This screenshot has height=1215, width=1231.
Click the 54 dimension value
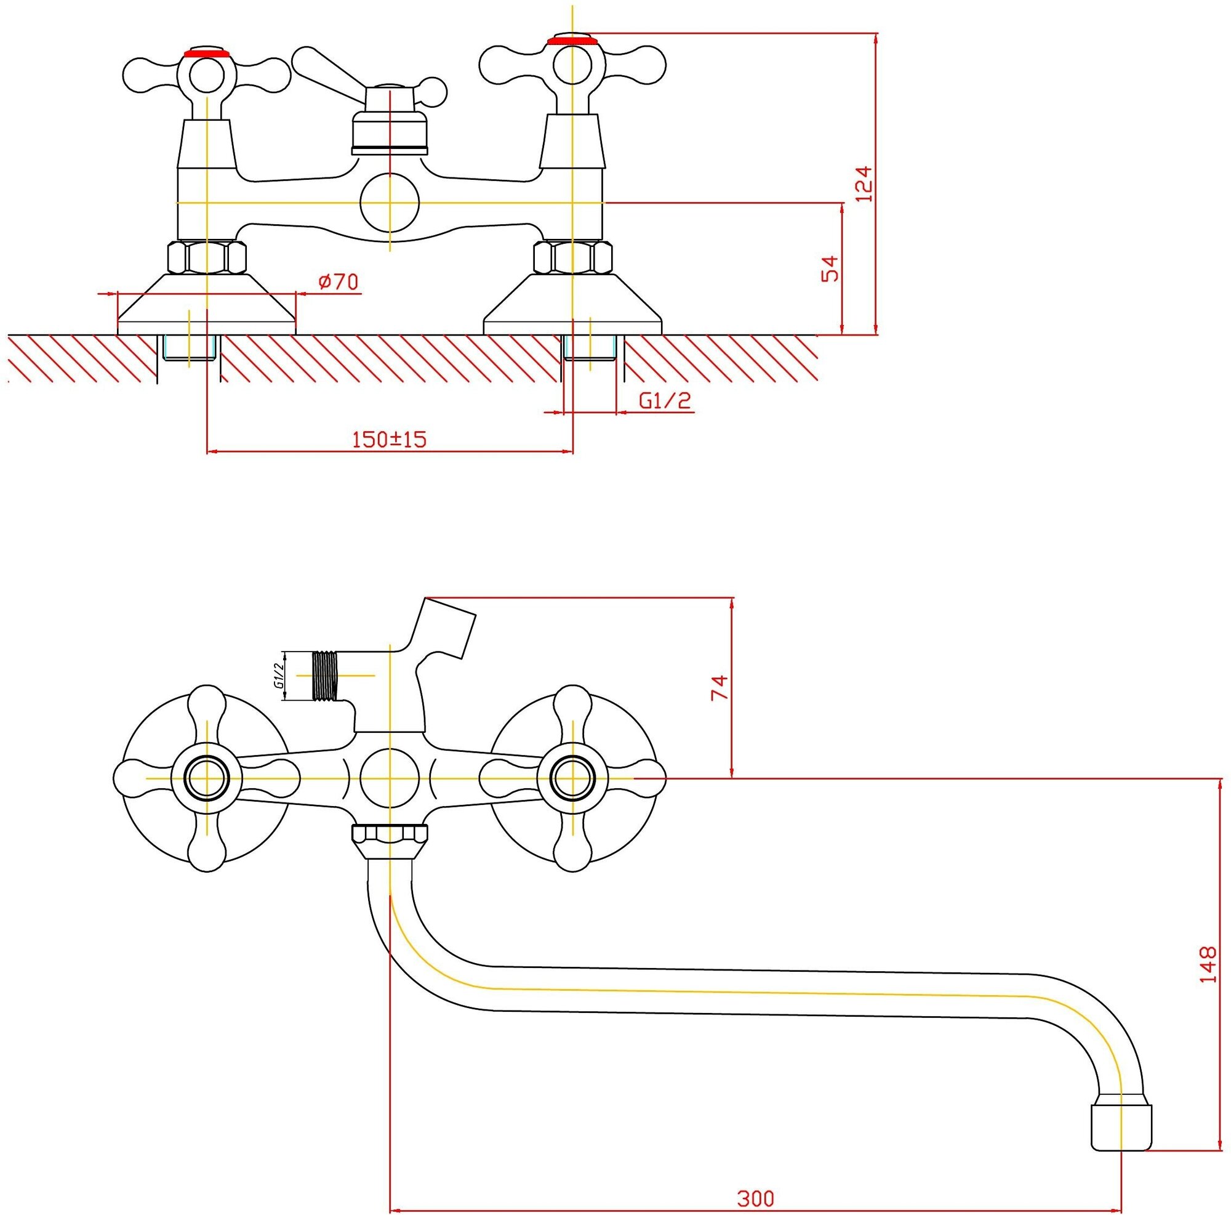point(830,268)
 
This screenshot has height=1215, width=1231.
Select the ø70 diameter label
point(338,281)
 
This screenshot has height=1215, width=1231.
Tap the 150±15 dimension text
point(388,439)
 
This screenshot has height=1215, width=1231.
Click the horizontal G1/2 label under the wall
point(665,400)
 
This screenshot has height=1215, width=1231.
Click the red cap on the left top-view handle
point(205,52)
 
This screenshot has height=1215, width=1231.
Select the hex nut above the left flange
point(206,257)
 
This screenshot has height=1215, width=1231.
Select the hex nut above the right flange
point(572,257)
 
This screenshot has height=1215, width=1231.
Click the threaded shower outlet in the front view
point(325,676)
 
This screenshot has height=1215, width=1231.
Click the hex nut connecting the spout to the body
point(390,834)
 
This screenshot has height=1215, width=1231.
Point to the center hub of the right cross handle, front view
point(572,778)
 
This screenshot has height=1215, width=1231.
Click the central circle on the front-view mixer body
point(390,778)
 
